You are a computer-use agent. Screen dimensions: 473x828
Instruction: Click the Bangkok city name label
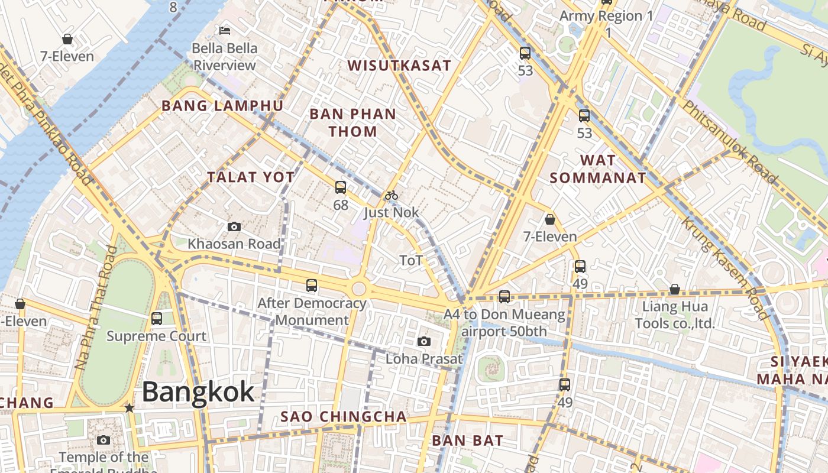click(198, 392)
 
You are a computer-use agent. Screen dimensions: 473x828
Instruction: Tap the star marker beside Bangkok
click(130, 408)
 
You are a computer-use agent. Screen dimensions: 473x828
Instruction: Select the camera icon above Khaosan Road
click(234, 226)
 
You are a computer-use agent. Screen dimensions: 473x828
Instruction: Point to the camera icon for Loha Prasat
click(423, 341)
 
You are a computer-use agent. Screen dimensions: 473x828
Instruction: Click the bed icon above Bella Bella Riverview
click(225, 30)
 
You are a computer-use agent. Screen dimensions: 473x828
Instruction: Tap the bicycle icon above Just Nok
click(391, 195)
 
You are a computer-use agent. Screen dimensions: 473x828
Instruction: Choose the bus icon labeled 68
click(340, 187)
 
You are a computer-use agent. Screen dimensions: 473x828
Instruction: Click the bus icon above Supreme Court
click(156, 319)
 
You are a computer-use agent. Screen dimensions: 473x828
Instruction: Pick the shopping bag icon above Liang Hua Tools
click(674, 289)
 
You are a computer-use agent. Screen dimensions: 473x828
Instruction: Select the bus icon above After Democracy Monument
click(312, 286)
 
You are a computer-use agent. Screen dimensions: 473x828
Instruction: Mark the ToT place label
click(411, 260)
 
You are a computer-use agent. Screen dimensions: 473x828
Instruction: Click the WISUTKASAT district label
click(399, 66)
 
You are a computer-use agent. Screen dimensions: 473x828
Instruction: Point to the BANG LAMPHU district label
click(222, 106)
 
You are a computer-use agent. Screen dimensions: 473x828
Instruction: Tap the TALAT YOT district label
click(251, 177)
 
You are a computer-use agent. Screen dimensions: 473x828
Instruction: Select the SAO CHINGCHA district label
click(344, 417)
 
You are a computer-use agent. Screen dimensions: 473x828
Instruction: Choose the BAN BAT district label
click(467, 440)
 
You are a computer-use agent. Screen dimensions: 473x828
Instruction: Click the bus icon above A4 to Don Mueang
click(504, 296)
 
